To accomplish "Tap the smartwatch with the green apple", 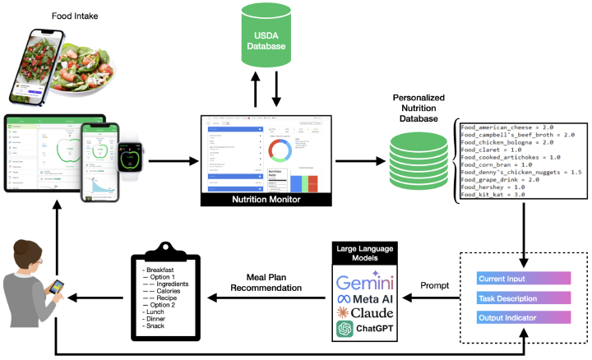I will [128, 155].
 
